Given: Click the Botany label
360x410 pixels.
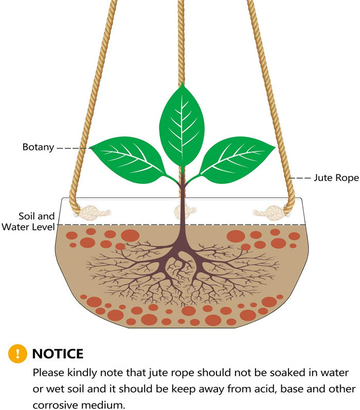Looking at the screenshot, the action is click(x=38, y=147).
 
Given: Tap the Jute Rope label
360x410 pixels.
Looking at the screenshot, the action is click(x=332, y=178).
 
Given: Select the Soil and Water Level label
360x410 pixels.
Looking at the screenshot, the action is click(x=29, y=221).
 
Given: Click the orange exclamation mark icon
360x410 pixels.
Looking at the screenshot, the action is click(x=17, y=353).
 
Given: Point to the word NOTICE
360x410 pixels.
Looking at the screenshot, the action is click(x=58, y=354).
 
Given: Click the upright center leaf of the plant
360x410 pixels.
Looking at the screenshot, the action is click(x=182, y=123).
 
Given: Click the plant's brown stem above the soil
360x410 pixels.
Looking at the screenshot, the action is click(x=182, y=206).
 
